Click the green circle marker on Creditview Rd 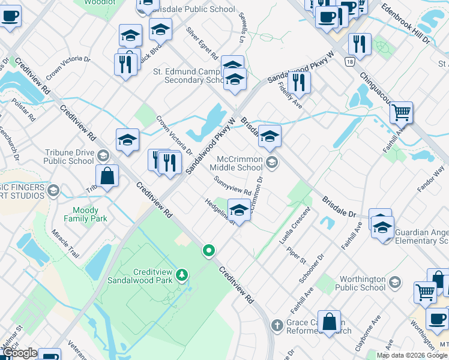point(209,250)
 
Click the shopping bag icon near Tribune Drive point(107,176)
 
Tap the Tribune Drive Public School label point(68,157)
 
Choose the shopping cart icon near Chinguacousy point(401,112)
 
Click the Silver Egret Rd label point(202,43)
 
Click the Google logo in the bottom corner point(20,353)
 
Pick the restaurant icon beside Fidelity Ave point(298,82)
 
